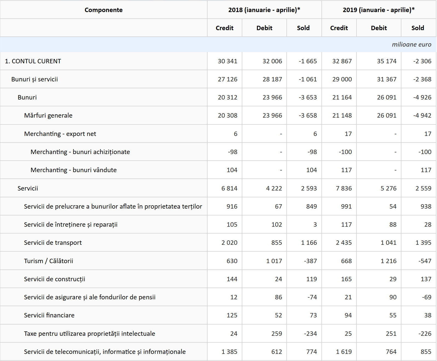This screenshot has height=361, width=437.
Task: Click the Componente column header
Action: tap(104, 10)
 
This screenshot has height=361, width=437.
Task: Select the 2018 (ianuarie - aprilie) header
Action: tap(264, 10)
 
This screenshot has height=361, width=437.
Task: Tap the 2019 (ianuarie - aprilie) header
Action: tap(378, 10)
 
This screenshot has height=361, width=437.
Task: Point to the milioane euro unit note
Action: tap(411, 44)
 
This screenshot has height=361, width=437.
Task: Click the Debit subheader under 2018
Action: tap(264, 28)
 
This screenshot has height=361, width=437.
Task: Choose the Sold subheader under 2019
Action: tap(418, 28)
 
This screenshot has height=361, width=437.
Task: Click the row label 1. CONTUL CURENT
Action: tap(33, 61)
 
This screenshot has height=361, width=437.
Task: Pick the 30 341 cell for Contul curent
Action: tap(227, 61)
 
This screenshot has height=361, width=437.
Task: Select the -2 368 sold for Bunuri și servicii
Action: tap(422, 79)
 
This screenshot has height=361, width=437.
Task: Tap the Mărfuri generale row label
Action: tap(48, 115)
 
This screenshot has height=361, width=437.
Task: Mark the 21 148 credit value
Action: tap(342, 115)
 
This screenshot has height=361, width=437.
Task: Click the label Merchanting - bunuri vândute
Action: tap(73, 170)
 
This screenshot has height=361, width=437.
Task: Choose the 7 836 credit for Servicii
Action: tap(344, 188)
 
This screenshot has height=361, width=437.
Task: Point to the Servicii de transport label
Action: tap(53, 243)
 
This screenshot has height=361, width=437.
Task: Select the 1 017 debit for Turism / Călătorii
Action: tap(274, 261)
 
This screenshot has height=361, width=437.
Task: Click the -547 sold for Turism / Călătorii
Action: tap(424, 261)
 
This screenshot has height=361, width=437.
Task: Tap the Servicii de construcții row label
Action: tap(54, 279)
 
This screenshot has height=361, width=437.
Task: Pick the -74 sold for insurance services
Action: tap(312, 297)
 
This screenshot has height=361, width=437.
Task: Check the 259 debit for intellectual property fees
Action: tap(277, 334)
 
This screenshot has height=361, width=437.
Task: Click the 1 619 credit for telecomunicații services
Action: tap(344, 352)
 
